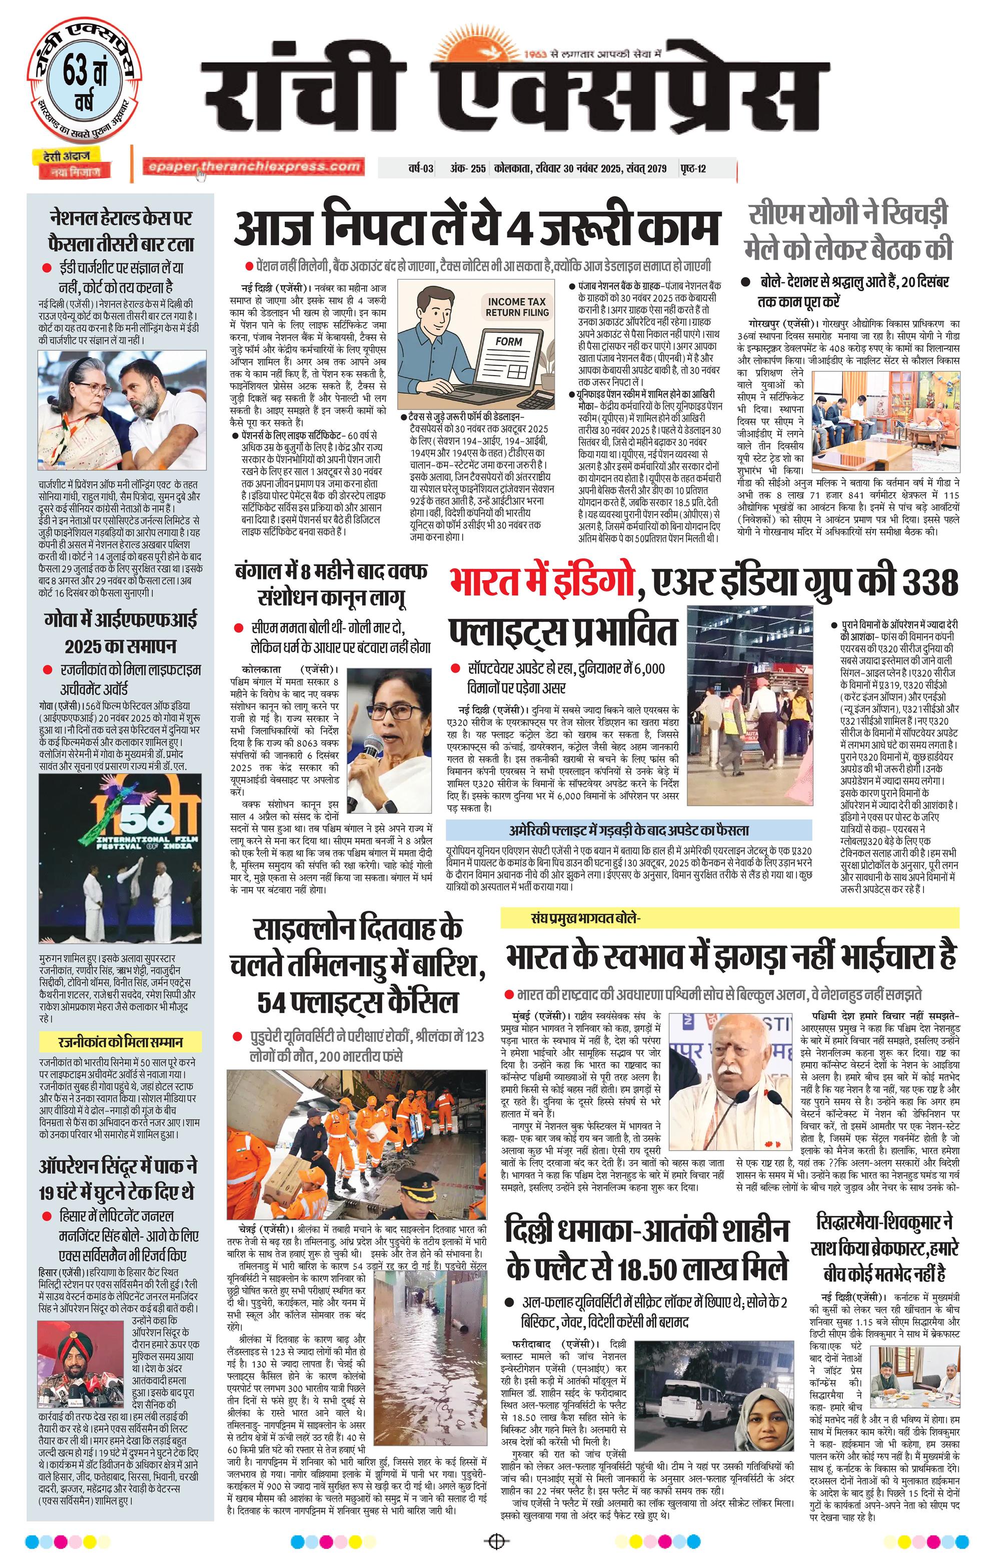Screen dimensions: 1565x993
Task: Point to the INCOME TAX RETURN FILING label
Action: [x=517, y=307]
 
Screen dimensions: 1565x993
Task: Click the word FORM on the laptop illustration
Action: [x=508, y=341]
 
